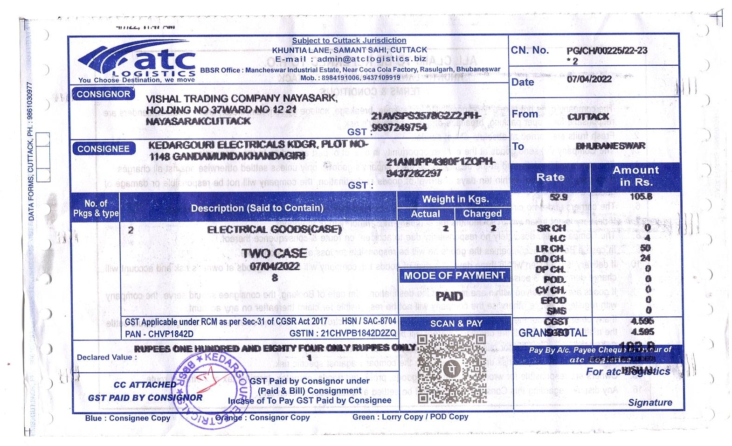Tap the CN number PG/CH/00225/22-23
[607, 51]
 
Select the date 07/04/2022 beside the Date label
[589, 79]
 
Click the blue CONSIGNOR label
[103, 94]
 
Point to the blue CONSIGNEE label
[103, 149]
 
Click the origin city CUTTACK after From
[588, 117]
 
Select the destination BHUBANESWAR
[611, 146]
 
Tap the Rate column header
[550, 177]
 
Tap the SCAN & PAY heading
[456, 323]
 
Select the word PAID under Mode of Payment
[449, 296]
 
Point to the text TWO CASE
[274, 253]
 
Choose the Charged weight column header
[482, 214]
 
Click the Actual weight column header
[425, 214]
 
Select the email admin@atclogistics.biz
[372, 59]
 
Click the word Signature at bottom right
[650, 403]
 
